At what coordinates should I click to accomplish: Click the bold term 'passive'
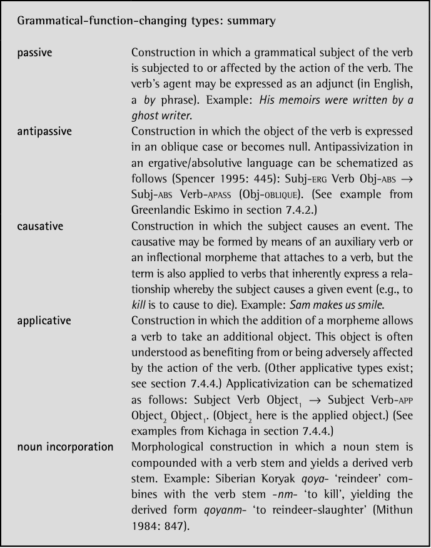tap(35, 53)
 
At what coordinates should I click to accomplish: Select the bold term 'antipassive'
tap(44, 132)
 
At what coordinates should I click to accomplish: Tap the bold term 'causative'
tap(41, 226)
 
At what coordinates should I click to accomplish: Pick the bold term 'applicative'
tap(44, 321)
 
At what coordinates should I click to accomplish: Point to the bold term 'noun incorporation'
tap(66, 447)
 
